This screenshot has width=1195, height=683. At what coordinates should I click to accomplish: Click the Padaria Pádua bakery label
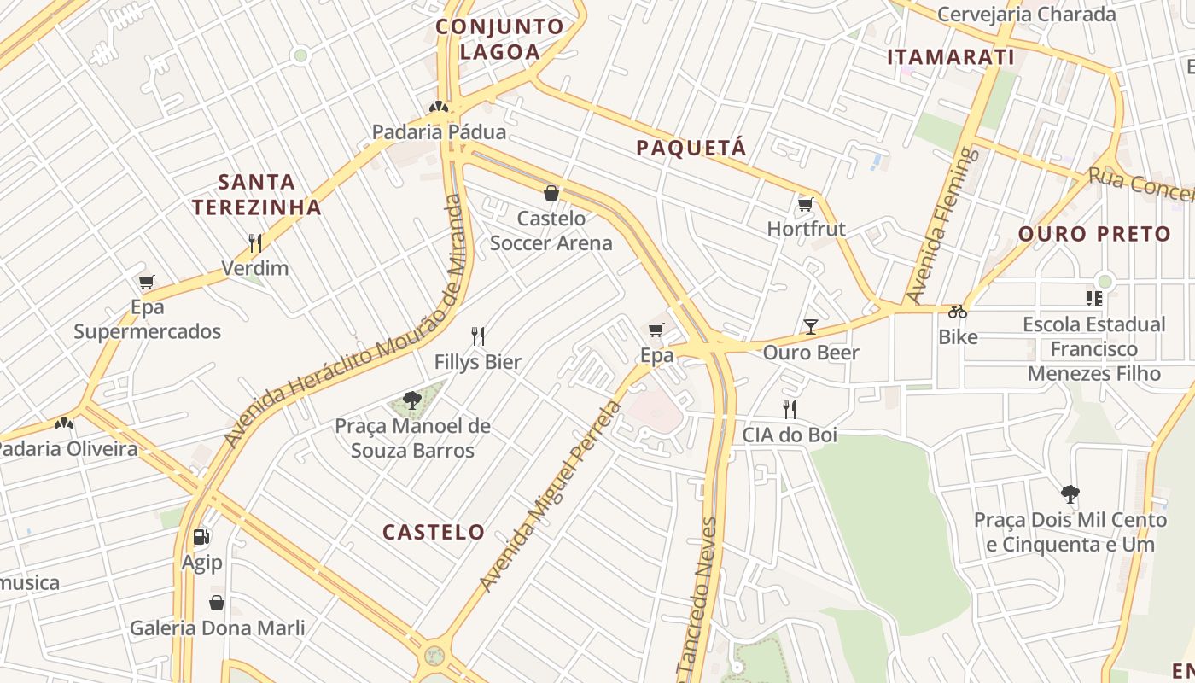439,132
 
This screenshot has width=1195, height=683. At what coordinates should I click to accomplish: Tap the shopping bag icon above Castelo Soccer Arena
551,193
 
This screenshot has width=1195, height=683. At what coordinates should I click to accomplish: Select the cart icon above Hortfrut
805,204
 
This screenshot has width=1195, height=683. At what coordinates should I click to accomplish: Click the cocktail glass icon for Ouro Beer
810,326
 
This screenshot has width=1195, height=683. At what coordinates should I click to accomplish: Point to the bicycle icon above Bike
958,312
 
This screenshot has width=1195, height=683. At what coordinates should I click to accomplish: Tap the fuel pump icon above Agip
201,537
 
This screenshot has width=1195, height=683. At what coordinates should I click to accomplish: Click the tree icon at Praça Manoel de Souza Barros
412,400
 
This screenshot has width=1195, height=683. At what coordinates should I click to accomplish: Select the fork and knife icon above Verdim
255,242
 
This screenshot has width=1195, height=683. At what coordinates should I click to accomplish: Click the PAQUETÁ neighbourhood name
691,148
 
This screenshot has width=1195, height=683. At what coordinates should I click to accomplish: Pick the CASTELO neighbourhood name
434,532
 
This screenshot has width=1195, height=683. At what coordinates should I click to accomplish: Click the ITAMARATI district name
950,57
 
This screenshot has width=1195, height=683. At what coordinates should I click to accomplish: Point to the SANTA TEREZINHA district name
256,194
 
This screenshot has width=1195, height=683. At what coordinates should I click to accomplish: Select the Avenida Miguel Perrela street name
551,495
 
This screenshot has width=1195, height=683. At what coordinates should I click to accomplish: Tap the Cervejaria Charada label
1026,15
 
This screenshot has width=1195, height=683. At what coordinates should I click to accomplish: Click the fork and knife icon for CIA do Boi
790,410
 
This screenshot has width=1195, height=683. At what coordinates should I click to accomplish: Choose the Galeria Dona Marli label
217,628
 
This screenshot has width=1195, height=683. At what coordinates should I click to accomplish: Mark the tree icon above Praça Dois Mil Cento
1070,494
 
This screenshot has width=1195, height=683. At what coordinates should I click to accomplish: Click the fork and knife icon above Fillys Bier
478,336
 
